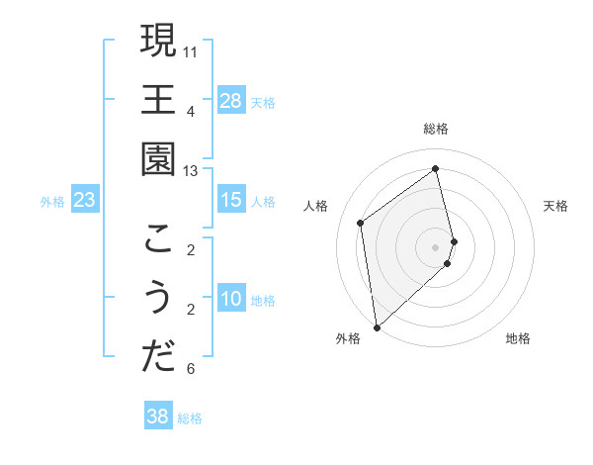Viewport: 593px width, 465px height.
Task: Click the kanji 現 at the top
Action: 158,42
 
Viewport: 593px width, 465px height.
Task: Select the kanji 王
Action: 158,100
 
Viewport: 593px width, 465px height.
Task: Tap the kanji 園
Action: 158,158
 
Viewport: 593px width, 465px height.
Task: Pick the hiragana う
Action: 158,298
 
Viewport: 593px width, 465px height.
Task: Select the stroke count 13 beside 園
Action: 191,170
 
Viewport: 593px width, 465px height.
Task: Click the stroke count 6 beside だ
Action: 191,370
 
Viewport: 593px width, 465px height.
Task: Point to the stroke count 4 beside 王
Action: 191,110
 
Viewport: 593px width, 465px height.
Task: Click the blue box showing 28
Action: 231,100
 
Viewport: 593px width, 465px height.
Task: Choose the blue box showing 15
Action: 230,200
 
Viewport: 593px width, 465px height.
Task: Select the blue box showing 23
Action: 85,201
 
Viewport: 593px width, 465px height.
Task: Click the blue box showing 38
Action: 157,417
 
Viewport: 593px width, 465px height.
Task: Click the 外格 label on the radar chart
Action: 348,339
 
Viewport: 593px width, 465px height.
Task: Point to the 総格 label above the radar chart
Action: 436,129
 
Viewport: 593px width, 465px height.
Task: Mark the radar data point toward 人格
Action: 361,223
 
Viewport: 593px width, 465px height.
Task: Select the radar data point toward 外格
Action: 377,326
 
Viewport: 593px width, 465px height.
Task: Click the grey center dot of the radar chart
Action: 436,246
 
